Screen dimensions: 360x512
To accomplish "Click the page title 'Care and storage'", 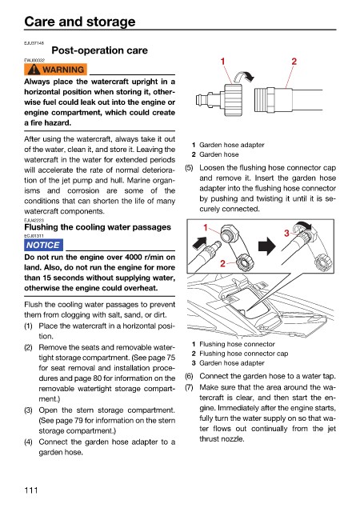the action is coord(80,22).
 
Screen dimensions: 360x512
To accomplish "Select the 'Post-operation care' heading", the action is coord(100,50).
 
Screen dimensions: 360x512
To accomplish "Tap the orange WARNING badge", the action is coord(55,70).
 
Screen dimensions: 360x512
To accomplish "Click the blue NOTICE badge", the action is coord(43,245).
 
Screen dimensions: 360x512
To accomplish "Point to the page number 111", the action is coord(31,490).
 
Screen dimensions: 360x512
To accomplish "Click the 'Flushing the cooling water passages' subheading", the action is coord(98,227).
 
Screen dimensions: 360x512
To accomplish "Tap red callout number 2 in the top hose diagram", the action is coord(294,62).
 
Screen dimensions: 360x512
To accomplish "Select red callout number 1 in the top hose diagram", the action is coord(222,62).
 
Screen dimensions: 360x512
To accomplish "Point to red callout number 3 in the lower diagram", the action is coord(286,233).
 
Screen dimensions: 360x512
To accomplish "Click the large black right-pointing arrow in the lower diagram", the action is coord(267,246).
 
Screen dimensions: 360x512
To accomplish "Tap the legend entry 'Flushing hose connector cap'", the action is coord(244,354).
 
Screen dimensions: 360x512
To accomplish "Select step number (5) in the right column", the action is coord(189,168).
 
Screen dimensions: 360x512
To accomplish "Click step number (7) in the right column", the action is coord(189,387).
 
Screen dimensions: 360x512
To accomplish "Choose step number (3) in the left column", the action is coord(29,410).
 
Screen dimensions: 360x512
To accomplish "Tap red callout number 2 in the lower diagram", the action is coord(222,263).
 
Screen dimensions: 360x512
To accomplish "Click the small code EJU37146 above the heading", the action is coord(34,43).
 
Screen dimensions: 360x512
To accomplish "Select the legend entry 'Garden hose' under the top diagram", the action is coord(219,154).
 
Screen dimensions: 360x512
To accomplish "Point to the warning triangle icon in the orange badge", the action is coord(34,70).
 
